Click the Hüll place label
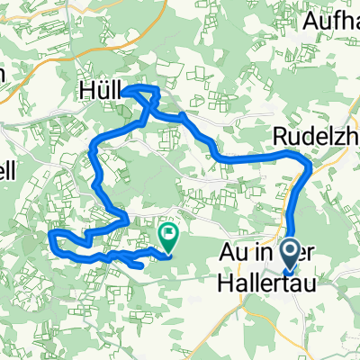pos(99,91)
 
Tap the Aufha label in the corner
pos(331,21)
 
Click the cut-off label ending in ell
pos(7,171)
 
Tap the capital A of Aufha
pos(310,21)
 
